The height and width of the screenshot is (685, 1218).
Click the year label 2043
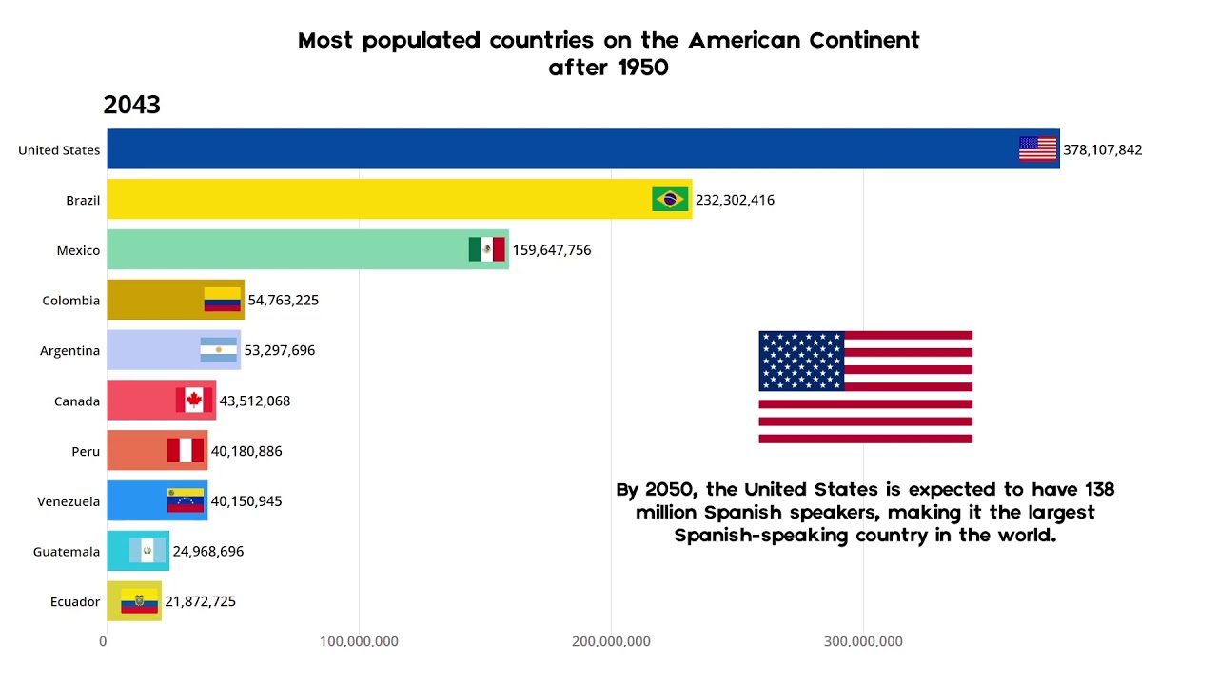tap(131, 106)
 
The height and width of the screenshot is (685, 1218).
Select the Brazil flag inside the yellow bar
tap(670, 199)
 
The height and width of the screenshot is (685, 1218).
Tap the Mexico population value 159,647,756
tap(552, 250)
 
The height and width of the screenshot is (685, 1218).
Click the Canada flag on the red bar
tap(194, 401)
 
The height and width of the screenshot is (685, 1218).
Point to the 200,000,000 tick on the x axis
tap(611, 641)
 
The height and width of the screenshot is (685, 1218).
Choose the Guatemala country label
tap(66, 552)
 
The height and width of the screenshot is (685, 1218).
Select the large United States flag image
tap(865, 387)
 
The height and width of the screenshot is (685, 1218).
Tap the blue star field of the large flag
tap(801, 361)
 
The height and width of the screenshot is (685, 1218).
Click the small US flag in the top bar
tap(1037, 148)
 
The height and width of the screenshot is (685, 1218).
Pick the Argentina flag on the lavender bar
tap(218, 350)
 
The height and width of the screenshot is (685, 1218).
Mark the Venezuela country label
tap(69, 501)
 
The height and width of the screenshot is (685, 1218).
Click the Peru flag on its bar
tap(186, 451)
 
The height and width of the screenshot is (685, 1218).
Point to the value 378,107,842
tap(1103, 150)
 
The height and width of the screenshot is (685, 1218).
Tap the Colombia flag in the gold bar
tap(222, 300)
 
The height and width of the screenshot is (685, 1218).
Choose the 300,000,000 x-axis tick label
tap(863, 641)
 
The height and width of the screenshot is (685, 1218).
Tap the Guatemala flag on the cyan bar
tap(147, 551)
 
